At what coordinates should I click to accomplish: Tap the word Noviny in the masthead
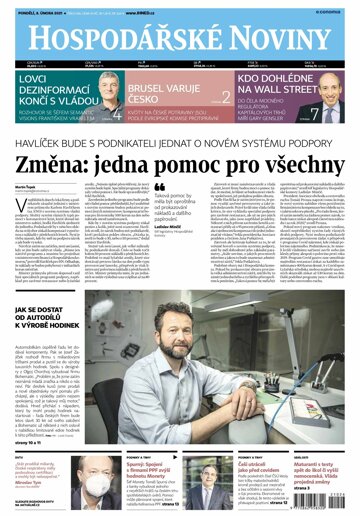[x=272, y=39]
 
